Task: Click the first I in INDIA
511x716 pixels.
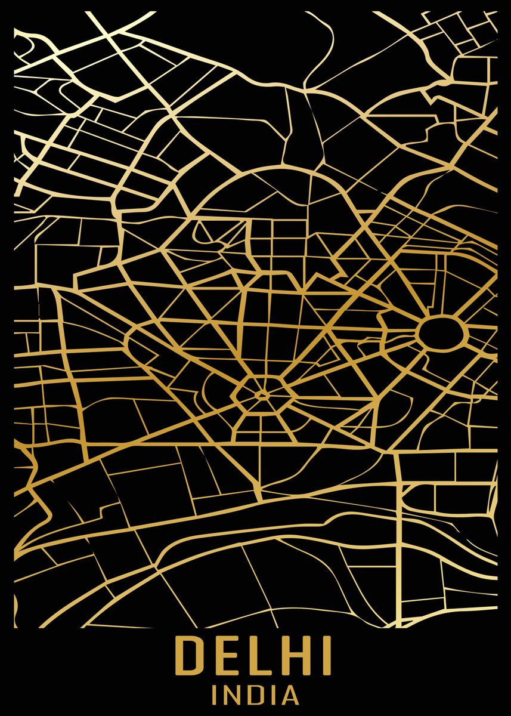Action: [215, 695]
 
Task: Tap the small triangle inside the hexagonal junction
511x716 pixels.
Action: [261, 394]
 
